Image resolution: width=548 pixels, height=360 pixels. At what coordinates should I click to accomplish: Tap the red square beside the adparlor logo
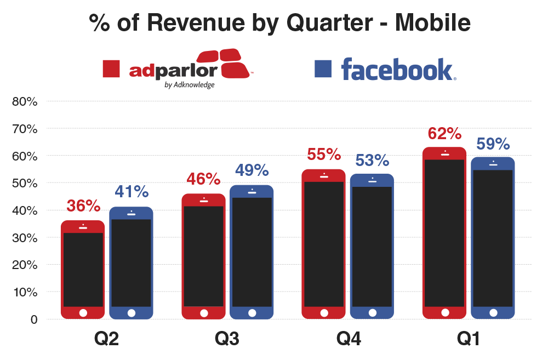(112, 69)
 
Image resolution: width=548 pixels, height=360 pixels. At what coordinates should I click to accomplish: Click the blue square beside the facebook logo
(323, 68)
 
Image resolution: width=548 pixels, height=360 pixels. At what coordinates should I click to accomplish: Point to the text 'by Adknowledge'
(189, 85)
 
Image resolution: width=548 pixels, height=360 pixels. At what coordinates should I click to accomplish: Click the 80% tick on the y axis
(25, 101)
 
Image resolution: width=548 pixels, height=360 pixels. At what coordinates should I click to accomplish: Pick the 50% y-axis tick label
(25, 183)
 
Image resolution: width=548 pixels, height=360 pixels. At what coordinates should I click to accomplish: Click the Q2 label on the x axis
(106, 339)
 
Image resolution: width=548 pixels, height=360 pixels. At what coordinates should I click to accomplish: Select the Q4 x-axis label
(347, 339)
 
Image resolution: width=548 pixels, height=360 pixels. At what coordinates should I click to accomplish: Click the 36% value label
(83, 206)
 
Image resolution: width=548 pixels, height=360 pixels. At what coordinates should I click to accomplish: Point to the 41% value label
(132, 192)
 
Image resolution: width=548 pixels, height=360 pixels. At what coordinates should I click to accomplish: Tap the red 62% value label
(445, 134)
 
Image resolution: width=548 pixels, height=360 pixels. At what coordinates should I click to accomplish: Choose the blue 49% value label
(252, 170)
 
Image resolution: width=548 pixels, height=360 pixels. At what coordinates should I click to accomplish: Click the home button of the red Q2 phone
(83, 313)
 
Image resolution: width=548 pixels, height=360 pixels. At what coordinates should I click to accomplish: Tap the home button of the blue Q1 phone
(493, 313)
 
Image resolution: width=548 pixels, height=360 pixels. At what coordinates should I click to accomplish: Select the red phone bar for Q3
(204, 256)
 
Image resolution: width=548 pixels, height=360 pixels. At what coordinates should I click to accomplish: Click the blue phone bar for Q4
(372, 246)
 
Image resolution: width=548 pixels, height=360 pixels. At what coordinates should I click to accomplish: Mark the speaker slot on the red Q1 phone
(445, 155)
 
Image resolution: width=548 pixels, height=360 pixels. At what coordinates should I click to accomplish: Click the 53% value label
(372, 161)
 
